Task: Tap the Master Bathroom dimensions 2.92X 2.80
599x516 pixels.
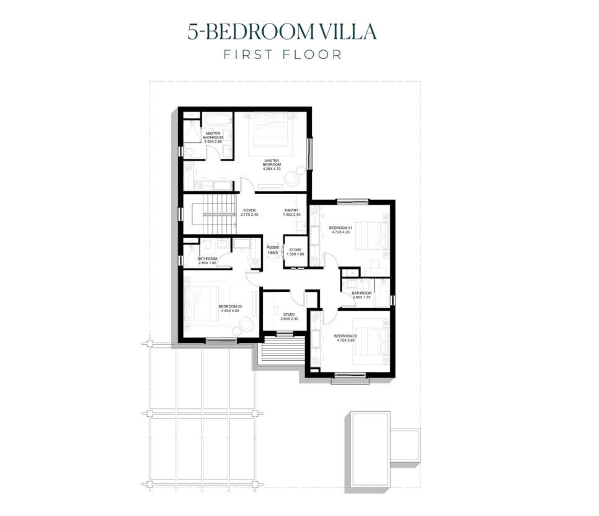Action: coord(213,141)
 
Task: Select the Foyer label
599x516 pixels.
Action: coord(249,211)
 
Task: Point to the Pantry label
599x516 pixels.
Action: coord(291,211)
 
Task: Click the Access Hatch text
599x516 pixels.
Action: coord(273,250)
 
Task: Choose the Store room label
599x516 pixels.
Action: coord(295,250)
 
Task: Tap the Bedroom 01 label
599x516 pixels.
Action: coord(341,228)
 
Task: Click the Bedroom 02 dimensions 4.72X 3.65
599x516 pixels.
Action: coord(345,340)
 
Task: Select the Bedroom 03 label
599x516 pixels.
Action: coord(230,306)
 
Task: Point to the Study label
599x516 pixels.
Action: coord(289,314)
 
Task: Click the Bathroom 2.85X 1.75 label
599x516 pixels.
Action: coord(362,295)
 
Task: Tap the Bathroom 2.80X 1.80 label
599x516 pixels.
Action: coord(207,261)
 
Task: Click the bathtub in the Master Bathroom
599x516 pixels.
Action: coord(217,121)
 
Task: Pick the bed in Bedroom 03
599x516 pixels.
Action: coord(206,304)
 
